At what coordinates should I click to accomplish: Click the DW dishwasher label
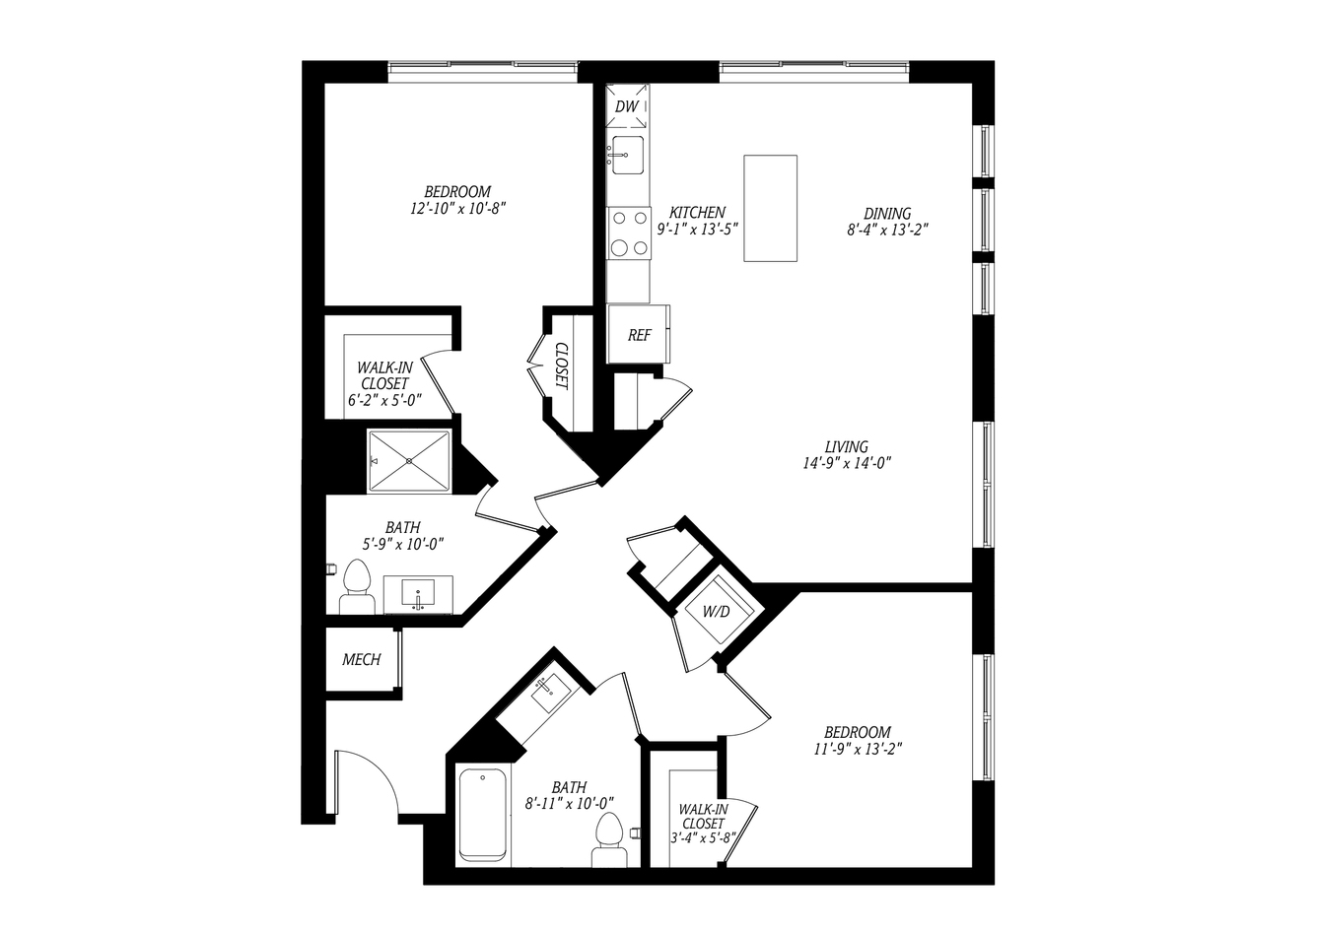(x=627, y=106)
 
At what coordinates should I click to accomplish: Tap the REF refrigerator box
(x=639, y=334)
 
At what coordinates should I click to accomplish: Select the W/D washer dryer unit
(x=716, y=612)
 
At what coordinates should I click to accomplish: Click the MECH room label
(x=362, y=659)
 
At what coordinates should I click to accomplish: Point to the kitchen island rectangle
(x=770, y=208)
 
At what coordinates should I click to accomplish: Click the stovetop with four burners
(x=629, y=233)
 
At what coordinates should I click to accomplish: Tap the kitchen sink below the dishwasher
(x=627, y=155)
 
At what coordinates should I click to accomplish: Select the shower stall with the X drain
(x=409, y=461)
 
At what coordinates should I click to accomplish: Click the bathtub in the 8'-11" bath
(x=482, y=815)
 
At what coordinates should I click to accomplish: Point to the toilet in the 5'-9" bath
(x=357, y=586)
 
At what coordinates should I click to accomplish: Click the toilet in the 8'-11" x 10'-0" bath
(x=609, y=839)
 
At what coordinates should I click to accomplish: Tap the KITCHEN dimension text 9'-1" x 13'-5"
(x=697, y=230)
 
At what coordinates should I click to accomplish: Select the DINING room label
(x=887, y=214)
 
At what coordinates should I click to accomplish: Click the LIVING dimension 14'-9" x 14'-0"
(x=847, y=463)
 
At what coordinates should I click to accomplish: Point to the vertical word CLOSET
(x=562, y=366)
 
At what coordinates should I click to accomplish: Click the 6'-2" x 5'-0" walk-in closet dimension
(x=385, y=401)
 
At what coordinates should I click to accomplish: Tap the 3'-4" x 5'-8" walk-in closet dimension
(x=703, y=837)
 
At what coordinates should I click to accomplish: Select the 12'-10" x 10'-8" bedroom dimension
(x=458, y=209)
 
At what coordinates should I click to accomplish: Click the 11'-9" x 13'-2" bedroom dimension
(x=858, y=749)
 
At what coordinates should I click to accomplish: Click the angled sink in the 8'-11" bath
(x=551, y=693)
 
